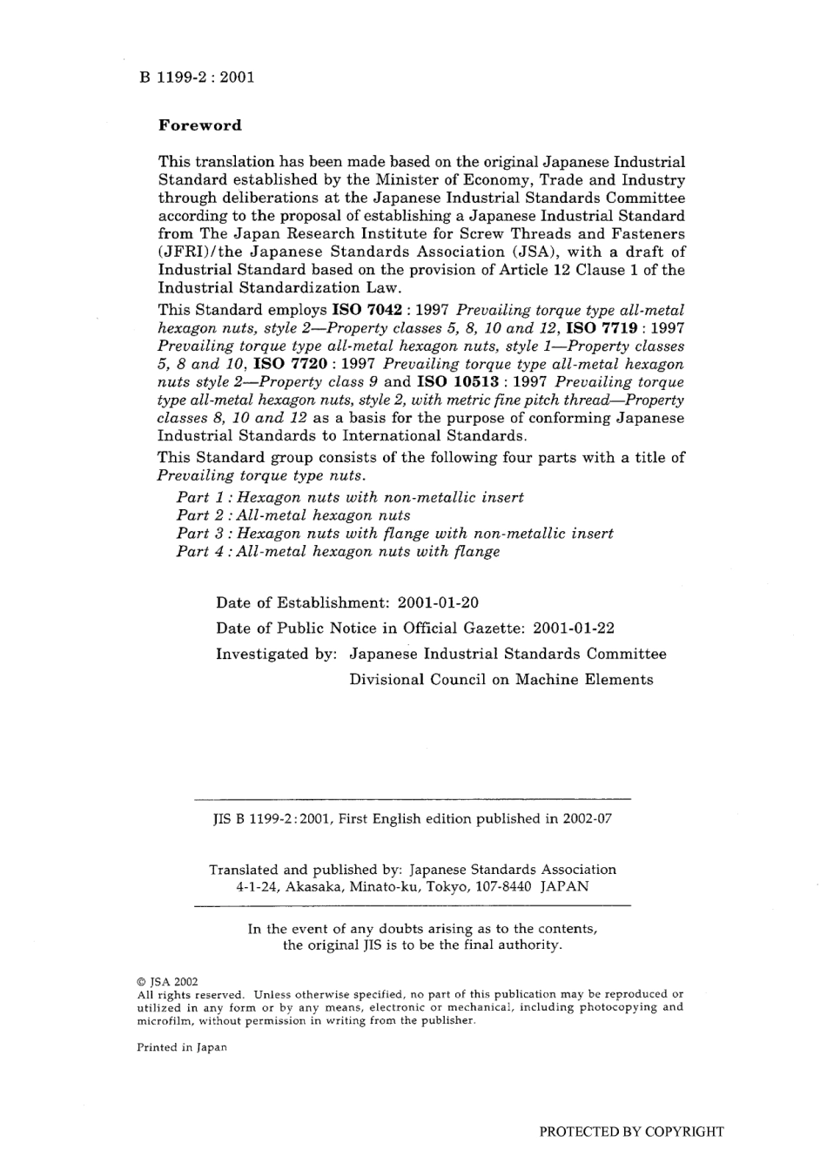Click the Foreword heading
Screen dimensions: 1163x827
point(199,125)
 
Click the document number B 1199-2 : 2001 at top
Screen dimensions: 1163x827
point(196,77)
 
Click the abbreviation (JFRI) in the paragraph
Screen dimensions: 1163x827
point(185,252)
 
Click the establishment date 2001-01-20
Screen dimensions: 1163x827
point(438,602)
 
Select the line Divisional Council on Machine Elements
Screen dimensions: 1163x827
point(501,680)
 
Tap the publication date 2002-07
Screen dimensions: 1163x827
point(587,818)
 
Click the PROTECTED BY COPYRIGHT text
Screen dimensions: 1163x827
point(631,1132)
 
